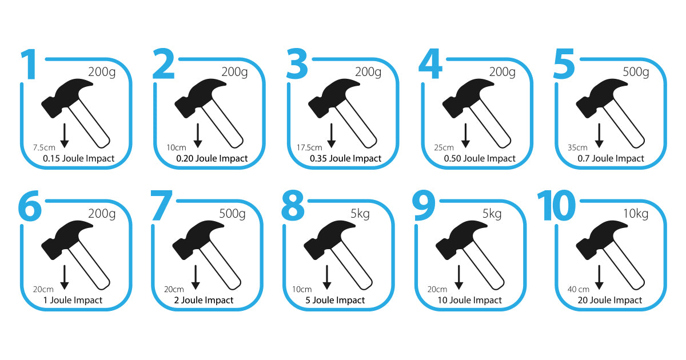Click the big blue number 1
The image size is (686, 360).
(29, 64)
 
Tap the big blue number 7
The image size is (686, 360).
(161, 205)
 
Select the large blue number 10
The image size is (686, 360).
(556, 205)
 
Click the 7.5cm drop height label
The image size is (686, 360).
(44, 148)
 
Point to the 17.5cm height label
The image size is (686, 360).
(309, 148)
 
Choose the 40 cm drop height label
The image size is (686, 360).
(578, 289)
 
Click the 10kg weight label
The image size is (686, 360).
(636, 214)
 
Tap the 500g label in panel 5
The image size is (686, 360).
(636, 72)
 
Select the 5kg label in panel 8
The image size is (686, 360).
(360, 214)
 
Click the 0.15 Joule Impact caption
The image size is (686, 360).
(79, 159)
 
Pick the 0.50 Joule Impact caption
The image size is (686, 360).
(480, 159)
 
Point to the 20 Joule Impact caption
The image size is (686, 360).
(610, 301)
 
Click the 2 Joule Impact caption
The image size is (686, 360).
(204, 301)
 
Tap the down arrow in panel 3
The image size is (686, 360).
(332, 135)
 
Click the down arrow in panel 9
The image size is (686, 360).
(458, 277)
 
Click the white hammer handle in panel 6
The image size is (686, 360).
(89, 265)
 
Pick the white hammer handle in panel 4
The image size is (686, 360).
(490, 123)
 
